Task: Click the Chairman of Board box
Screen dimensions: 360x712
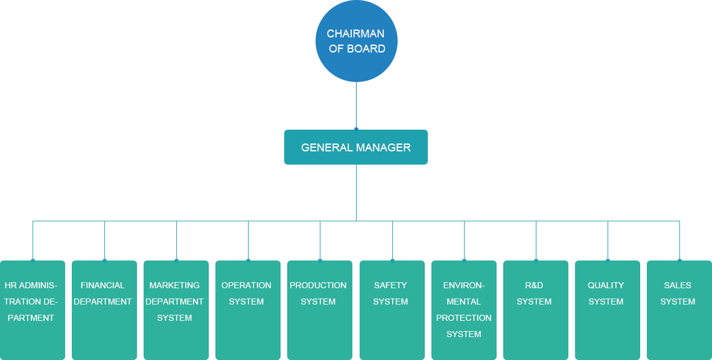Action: (356, 41)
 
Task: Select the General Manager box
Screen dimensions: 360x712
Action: (356, 147)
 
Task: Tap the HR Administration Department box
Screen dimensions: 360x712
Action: (33, 310)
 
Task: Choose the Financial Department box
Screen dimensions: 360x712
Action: (104, 310)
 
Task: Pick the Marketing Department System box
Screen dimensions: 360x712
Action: (176, 310)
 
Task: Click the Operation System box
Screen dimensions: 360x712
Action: (248, 310)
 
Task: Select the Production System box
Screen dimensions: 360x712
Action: (320, 310)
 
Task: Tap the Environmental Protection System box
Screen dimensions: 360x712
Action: (464, 310)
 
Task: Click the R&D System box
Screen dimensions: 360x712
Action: (536, 310)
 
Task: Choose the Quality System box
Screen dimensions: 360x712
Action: (608, 310)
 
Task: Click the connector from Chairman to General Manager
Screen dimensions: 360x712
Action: (356, 106)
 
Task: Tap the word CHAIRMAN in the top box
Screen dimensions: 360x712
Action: (355, 34)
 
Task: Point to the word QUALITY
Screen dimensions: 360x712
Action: (606, 285)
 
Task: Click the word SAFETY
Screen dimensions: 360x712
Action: (390, 285)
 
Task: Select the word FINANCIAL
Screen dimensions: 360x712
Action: (103, 285)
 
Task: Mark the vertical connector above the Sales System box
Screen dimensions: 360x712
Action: (679, 240)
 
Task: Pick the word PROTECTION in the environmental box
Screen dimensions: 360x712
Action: (464, 318)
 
